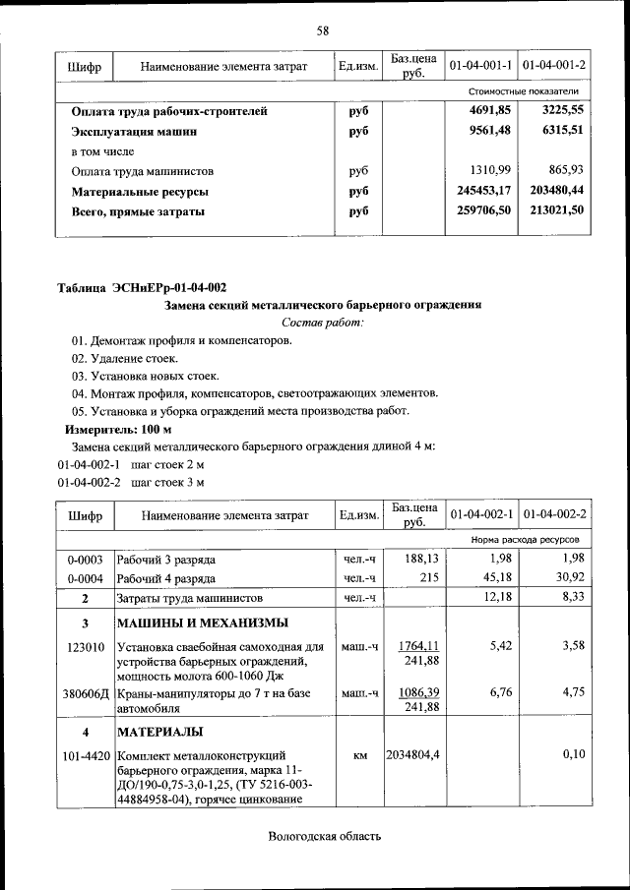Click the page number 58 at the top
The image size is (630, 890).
[322, 30]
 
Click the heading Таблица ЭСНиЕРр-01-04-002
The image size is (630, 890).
[142, 288]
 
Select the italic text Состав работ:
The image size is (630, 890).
[322, 323]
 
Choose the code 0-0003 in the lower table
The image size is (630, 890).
[86, 560]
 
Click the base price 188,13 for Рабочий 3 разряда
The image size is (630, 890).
[421, 559]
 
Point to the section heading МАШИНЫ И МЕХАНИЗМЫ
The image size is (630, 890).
[203, 623]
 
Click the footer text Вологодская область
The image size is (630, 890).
[322, 837]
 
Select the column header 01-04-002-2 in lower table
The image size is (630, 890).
[554, 514]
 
